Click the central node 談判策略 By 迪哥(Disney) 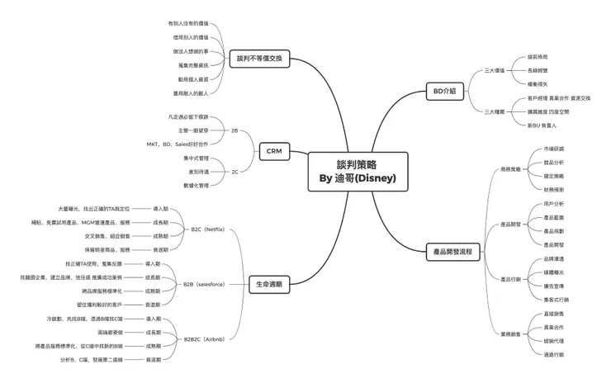(357, 171)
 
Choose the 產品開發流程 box (452, 250)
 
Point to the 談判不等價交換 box (258, 58)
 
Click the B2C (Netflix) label (207, 229)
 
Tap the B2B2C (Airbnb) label (203, 338)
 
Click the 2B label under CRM (234, 130)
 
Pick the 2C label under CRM (234, 172)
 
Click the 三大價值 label (495, 70)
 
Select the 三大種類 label (495, 111)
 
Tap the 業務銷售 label (510, 333)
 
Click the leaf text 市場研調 (554, 149)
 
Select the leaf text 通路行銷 (554, 354)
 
